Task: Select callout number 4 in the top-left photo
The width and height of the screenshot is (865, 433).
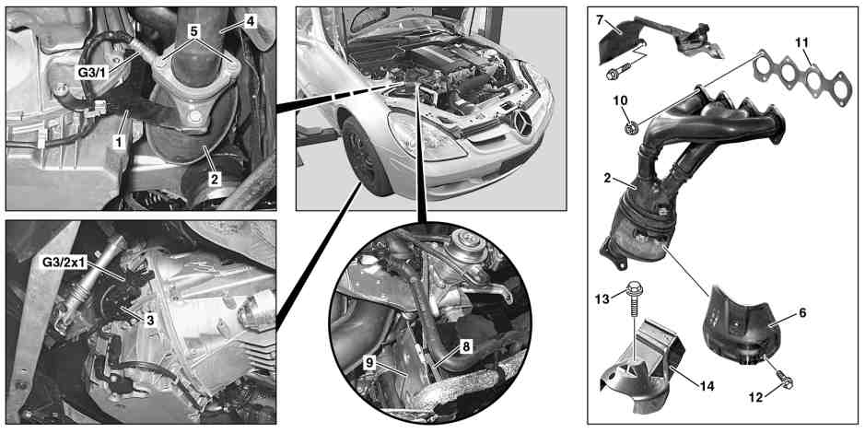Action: (x=251, y=22)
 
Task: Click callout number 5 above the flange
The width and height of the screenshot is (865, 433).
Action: (x=193, y=31)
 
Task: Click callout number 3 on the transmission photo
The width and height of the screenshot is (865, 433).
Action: (x=149, y=320)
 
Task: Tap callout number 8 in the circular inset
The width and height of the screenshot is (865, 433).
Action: (x=465, y=347)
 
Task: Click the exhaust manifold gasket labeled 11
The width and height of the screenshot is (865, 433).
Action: (x=802, y=77)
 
